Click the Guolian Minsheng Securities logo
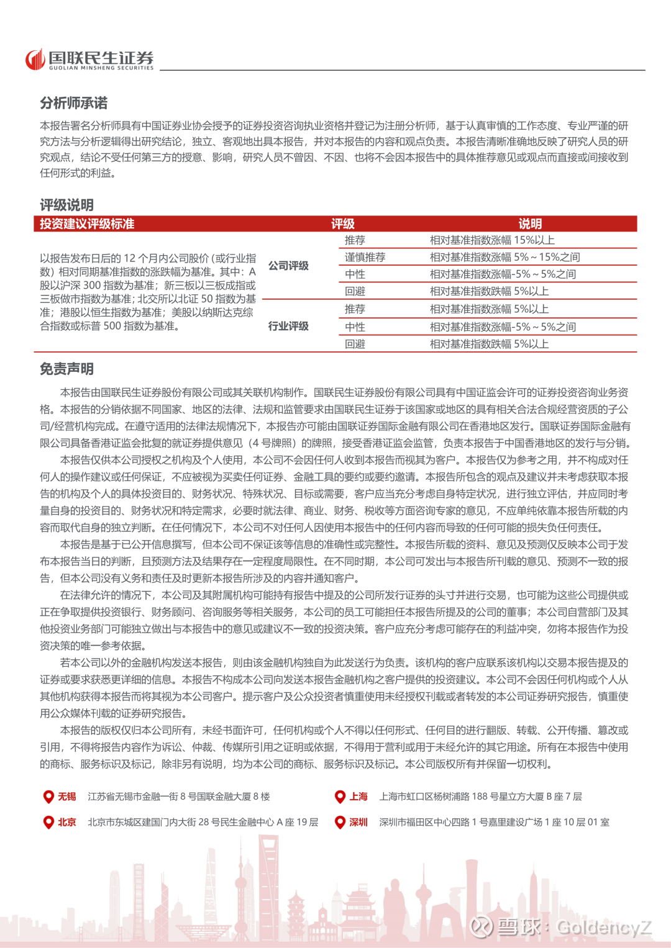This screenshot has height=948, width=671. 89,60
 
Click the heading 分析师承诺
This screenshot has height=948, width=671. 74,103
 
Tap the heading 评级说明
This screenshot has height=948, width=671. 67,205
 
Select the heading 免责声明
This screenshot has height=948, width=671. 67,369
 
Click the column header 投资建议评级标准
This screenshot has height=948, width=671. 87,224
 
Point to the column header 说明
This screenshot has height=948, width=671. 530,224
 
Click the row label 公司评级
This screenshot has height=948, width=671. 288,266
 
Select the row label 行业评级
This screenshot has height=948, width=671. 288,326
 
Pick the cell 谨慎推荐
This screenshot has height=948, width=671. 365,257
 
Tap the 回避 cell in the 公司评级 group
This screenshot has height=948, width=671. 355,291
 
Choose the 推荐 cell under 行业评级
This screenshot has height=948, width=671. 355,309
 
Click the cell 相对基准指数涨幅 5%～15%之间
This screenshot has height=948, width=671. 504,257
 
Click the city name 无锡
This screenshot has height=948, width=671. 67,797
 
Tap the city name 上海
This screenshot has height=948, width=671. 358,797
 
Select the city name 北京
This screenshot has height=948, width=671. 67,822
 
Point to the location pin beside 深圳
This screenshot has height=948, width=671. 340,823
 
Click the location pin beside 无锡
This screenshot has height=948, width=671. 48,797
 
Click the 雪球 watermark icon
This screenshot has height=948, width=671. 481,927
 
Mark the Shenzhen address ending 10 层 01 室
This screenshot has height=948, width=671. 494,822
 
